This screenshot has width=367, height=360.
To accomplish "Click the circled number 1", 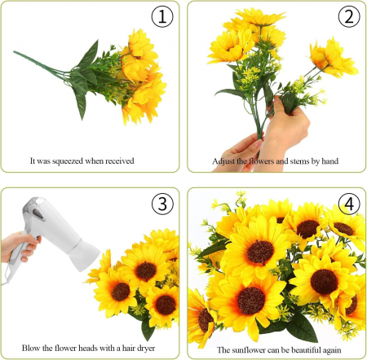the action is click(162, 16).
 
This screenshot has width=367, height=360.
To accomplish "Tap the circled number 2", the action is click(349, 16).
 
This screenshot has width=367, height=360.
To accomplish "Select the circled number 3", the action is click(162, 204).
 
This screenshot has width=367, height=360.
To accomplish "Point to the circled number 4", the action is click(349, 204).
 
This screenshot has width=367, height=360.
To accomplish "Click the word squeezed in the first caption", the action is click(68, 161).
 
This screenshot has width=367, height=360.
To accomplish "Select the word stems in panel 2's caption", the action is click(299, 161).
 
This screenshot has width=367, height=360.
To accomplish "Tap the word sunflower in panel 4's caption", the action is click(249, 350).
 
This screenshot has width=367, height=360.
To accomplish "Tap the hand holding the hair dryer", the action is click(19, 246).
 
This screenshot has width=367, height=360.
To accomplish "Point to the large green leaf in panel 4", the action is click(302, 327).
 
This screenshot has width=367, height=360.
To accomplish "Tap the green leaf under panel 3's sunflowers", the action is click(148, 329).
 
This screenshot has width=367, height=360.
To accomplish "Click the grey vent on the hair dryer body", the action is click(38, 213).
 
